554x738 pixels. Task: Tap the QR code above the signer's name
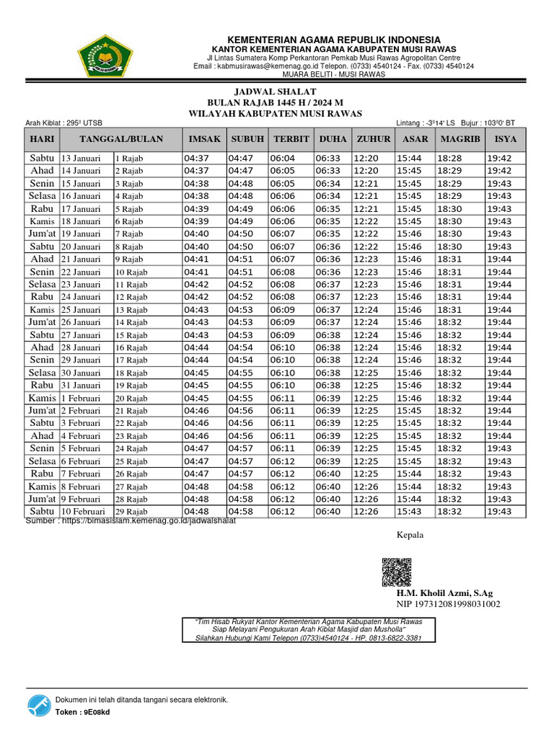point(397,572)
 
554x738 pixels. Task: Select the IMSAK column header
point(204,139)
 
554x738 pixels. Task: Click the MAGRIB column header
point(460,139)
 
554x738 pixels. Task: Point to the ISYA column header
point(505,139)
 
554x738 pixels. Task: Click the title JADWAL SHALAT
point(276,92)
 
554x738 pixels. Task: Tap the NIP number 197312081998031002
point(448,605)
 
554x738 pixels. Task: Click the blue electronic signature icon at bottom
point(38,706)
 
